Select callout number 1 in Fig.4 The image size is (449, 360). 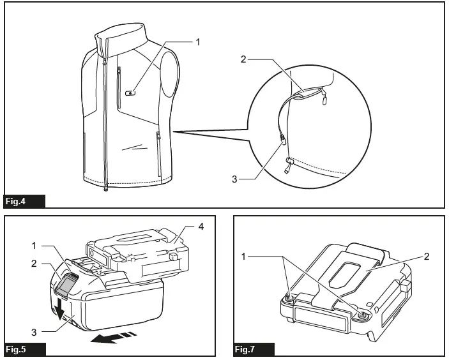pos(198,42)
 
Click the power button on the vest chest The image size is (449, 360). pos(131,93)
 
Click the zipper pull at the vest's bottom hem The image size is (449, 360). pos(105,189)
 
